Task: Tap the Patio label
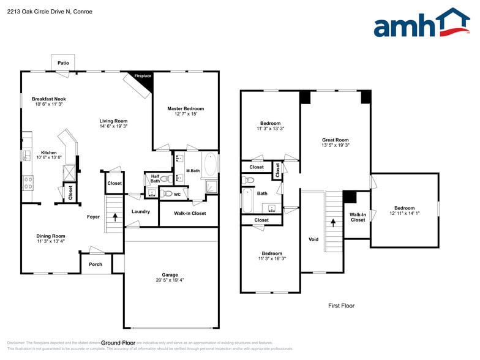click(x=63, y=63)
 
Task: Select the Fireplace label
click(x=143, y=76)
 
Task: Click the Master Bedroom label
click(x=186, y=108)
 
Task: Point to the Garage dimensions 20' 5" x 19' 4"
click(x=170, y=280)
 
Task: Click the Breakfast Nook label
click(x=49, y=99)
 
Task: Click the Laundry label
click(x=141, y=212)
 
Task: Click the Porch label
click(x=96, y=264)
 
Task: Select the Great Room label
click(x=335, y=140)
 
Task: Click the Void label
click(x=313, y=239)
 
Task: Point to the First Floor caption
click(x=341, y=306)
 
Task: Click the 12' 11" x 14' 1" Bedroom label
click(x=404, y=208)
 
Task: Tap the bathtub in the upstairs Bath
click(x=248, y=200)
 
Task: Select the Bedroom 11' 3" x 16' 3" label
click(x=272, y=253)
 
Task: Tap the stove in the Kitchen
click(x=28, y=181)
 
